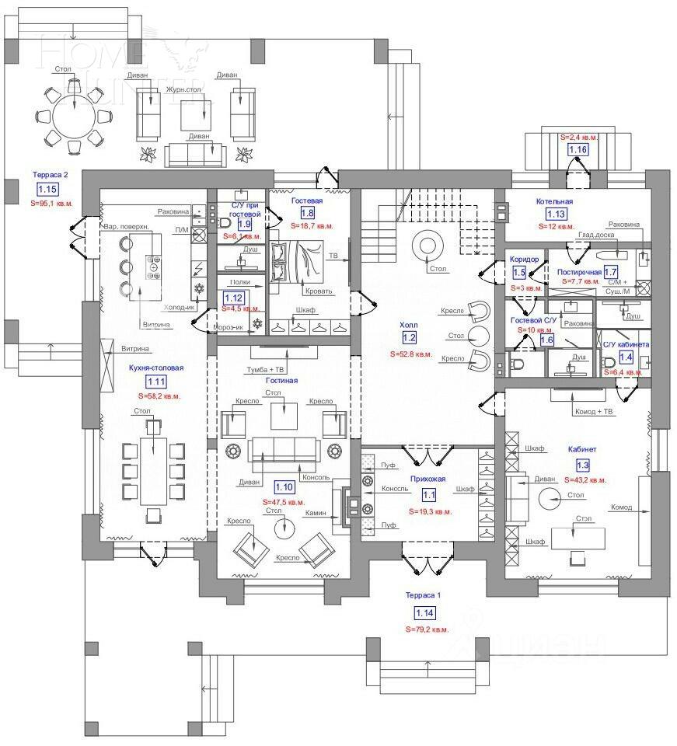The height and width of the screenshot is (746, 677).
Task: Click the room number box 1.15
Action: coord(47,189)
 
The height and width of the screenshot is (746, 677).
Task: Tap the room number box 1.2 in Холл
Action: coord(410,337)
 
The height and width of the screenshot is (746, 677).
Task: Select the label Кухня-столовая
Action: coord(155,368)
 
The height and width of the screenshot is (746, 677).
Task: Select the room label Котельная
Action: coord(554,201)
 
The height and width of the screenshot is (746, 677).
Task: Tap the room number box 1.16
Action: coord(578,149)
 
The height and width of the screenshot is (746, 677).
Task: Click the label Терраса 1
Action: coord(423,596)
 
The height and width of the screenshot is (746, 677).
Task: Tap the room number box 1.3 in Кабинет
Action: coord(582,465)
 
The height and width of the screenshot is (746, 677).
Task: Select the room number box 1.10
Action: coord(284,487)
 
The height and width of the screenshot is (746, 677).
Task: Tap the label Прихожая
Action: coord(428,480)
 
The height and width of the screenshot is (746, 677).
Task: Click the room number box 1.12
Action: coord(233,297)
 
